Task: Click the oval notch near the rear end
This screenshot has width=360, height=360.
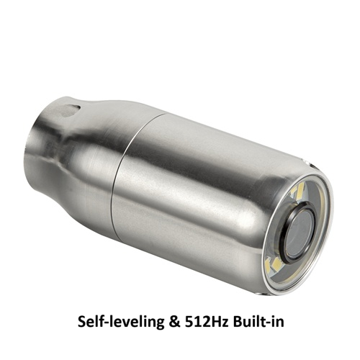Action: [70, 110]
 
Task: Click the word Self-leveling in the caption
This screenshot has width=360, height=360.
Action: [121, 322]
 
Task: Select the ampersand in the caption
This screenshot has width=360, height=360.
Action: [175, 322]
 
